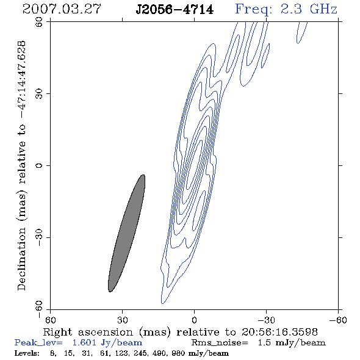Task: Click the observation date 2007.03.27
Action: (62, 9)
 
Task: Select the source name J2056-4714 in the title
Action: (175, 10)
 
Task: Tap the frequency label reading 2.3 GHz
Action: (309, 9)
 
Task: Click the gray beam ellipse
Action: (126, 233)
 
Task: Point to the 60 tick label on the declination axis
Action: (39, 22)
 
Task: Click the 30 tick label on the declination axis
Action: (39, 94)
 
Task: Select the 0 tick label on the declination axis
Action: (39, 165)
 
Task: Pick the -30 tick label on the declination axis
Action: (39, 237)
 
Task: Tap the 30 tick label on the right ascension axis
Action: (123, 320)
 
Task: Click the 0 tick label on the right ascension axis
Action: (195, 320)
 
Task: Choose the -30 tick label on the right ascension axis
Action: (266, 320)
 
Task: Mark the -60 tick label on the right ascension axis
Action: (338, 320)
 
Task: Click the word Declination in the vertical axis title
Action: (21, 259)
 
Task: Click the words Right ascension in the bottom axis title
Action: (88, 332)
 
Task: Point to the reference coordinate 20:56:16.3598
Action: (279, 332)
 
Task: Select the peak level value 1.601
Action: (84, 342)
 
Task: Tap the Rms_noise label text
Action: (220, 343)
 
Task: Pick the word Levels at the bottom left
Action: (27, 353)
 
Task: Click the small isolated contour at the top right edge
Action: (302, 32)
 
